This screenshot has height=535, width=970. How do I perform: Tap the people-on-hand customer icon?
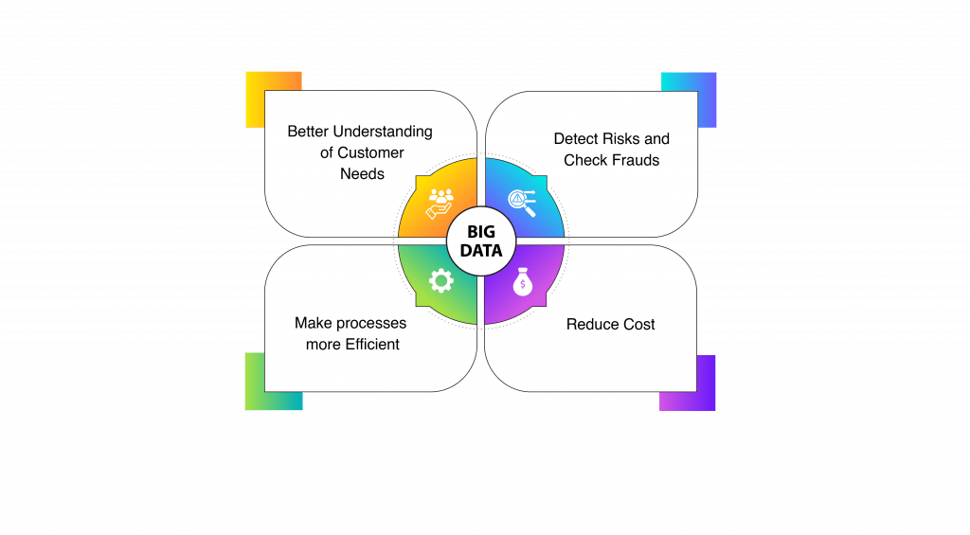tap(441, 202)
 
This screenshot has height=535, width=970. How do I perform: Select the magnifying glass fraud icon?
tap(523, 202)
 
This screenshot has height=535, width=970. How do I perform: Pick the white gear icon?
tap(441, 281)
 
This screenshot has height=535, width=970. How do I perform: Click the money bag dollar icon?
tap(523, 283)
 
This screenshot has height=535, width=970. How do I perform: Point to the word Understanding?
tap(385, 132)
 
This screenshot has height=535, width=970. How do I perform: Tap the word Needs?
tap(362, 173)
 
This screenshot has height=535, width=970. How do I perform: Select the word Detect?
tap(576, 139)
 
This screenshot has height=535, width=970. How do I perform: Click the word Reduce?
tap(590, 324)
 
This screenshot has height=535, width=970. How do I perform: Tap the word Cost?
tap(638, 324)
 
